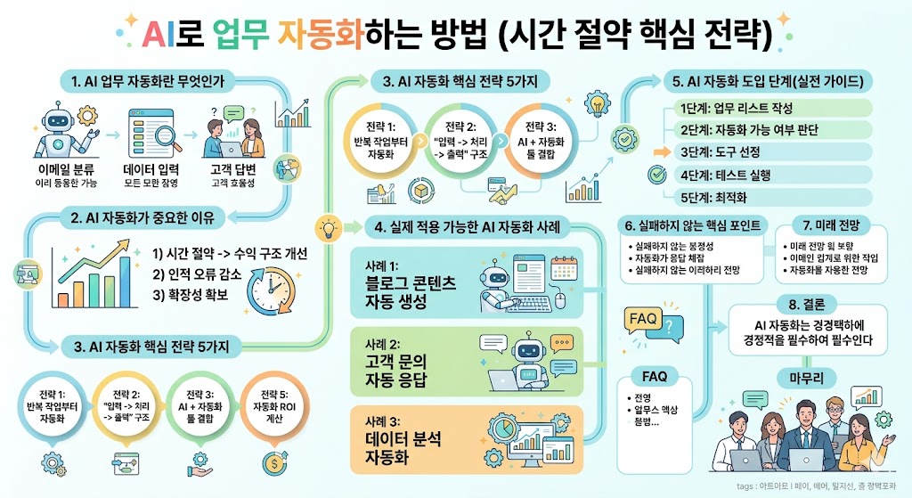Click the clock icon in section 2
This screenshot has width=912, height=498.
[273, 293]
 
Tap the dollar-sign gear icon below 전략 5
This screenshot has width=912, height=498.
[274, 463]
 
